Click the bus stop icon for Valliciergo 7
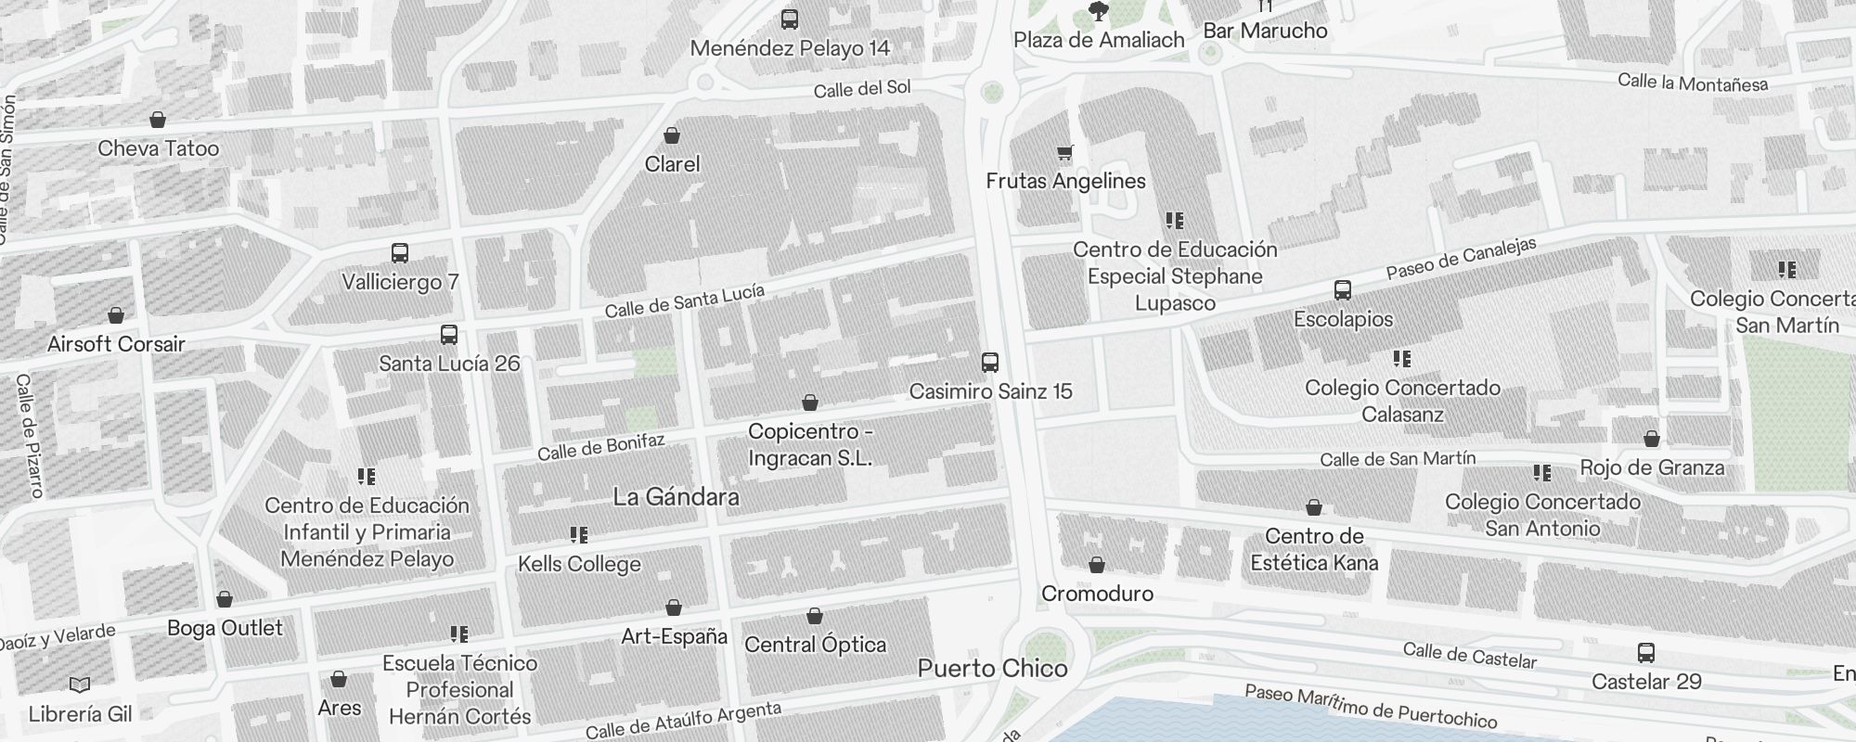[x=400, y=253]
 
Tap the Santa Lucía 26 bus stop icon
[x=449, y=335]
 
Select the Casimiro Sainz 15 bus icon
[x=990, y=363]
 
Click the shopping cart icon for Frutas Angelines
[x=1064, y=153]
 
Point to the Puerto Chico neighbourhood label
[x=992, y=668]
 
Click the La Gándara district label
[x=676, y=497]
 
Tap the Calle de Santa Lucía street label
[x=685, y=301]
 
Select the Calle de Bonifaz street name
[x=601, y=447]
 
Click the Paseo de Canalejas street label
[x=1461, y=258]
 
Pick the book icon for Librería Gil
[x=80, y=685]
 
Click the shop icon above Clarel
[x=672, y=136]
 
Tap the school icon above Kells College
[x=579, y=535]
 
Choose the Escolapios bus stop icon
[x=1343, y=290]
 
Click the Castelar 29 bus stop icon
[x=1646, y=653]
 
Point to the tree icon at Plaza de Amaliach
[x=1099, y=11]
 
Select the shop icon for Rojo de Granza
[x=1652, y=439]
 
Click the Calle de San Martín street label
[x=1398, y=459]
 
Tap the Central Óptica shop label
[x=815, y=645]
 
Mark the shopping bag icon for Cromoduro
[x=1097, y=565]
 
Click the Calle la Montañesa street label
[x=1693, y=83]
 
